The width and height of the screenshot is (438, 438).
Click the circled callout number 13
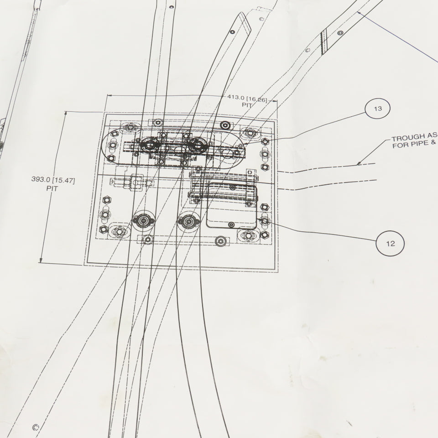377,109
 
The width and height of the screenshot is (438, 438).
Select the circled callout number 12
390,243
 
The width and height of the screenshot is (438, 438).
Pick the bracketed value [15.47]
64,180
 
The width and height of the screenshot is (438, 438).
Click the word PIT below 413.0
247,105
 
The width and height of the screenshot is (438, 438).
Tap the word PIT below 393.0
52,188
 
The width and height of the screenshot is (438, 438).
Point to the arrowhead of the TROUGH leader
359,163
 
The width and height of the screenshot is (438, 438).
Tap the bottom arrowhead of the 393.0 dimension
41,261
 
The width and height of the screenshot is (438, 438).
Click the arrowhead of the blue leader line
359,13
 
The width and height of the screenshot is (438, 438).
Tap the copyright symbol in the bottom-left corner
35,427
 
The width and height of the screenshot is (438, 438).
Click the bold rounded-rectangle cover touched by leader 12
232,206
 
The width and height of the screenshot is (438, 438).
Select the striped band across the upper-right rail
324,42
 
